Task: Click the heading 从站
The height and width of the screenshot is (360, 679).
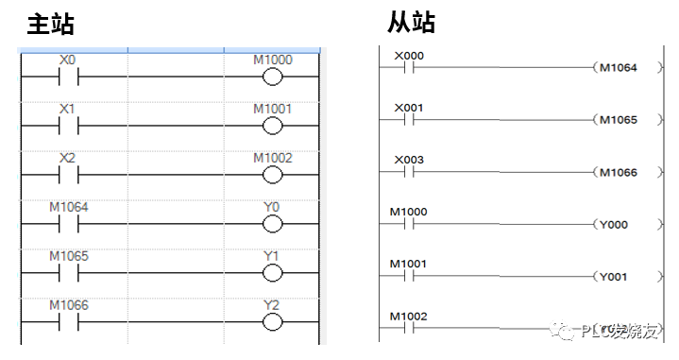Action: [412, 21]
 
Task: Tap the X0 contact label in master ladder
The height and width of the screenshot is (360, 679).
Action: [67, 60]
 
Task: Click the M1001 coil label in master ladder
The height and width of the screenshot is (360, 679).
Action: [272, 109]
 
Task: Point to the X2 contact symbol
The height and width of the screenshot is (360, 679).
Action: [67, 175]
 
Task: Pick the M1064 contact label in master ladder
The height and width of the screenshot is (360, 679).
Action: [68, 206]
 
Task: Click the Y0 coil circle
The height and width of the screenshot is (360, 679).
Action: [272, 223]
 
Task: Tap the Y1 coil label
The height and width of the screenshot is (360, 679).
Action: [272, 255]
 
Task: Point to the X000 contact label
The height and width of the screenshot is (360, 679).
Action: [409, 55]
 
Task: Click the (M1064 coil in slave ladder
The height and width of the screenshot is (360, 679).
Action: [618, 68]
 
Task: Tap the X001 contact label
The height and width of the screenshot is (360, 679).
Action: [409, 107]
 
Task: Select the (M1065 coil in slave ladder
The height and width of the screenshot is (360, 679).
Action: [618, 120]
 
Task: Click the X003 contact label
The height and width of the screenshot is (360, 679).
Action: [409, 160]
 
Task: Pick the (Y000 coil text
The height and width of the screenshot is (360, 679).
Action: [615, 225]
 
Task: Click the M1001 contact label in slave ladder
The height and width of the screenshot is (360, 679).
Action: [409, 264]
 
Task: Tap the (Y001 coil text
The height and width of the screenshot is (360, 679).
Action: [615, 277]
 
